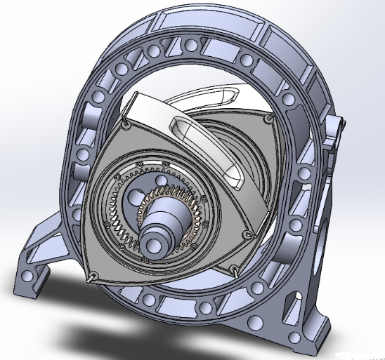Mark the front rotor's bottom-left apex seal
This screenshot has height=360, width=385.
point(92,279)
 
